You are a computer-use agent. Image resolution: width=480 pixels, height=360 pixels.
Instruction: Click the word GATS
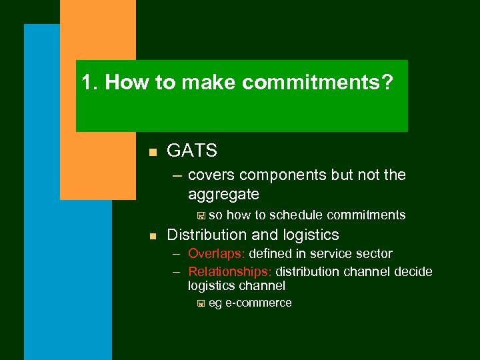(x=192, y=151)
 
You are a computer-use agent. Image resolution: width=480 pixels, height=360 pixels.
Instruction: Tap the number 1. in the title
(x=90, y=83)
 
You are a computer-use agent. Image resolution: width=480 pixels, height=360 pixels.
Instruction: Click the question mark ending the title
(x=387, y=83)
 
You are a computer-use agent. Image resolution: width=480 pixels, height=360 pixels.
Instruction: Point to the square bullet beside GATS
(x=153, y=153)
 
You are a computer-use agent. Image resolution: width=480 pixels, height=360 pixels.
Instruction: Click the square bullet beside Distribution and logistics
(x=153, y=236)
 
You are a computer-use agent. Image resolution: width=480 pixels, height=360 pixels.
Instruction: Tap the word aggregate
(x=223, y=194)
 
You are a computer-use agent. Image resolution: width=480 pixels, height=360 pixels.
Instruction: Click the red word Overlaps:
(x=217, y=253)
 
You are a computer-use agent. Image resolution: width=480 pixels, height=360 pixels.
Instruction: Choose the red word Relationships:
(x=230, y=271)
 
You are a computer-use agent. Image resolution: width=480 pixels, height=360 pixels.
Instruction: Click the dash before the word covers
(x=177, y=176)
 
